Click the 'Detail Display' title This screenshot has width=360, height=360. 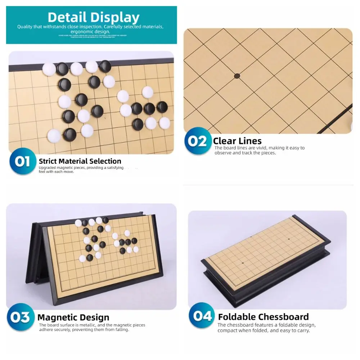pyautogui.click(x=93, y=17)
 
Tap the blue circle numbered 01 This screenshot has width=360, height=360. pyautogui.click(x=22, y=162)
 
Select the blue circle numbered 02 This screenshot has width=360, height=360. pyautogui.click(x=198, y=141)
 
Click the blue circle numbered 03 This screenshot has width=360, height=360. pyautogui.click(x=20, y=317)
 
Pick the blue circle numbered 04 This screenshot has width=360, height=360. pyautogui.click(x=202, y=316)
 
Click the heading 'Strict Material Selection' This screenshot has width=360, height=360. pyautogui.click(x=80, y=161)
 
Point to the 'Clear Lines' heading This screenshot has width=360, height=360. pyautogui.click(x=237, y=141)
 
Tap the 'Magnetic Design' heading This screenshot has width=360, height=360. pyautogui.click(x=73, y=318)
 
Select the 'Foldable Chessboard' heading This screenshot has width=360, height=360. pyautogui.click(x=263, y=317)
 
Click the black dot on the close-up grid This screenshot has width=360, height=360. pyautogui.click(x=237, y=76)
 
